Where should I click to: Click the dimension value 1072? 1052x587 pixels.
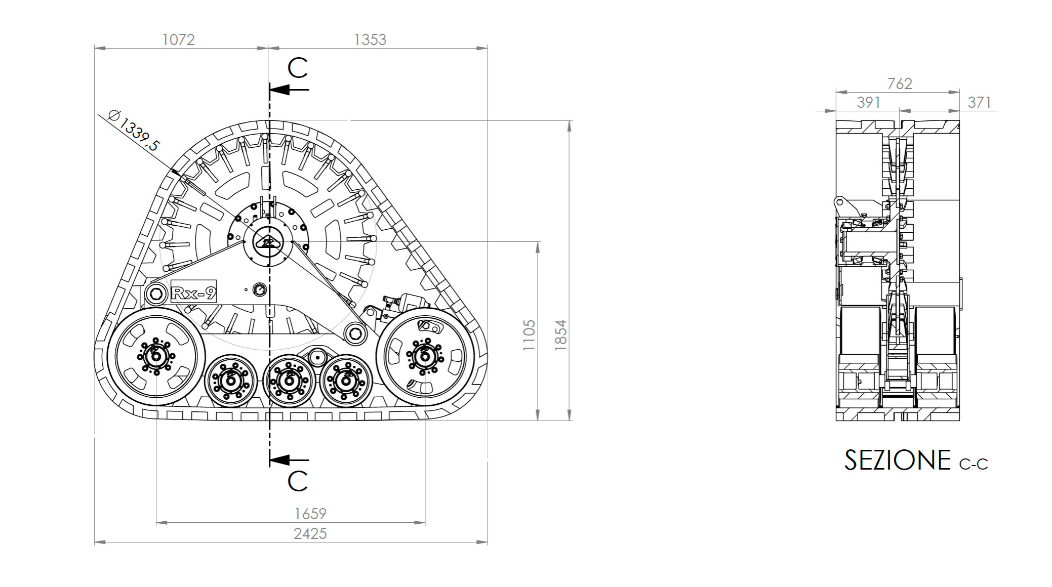pos(178,39)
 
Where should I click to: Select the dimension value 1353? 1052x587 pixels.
pos(370,39)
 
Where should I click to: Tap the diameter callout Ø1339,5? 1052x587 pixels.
pos(134,131)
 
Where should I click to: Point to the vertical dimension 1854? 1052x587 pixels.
pos(560,335)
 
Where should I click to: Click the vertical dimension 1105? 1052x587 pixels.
pos(528,335)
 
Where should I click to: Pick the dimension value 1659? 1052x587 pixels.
pos(310,514)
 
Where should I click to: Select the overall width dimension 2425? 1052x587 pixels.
pos(310,533)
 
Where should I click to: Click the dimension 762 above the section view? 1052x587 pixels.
pos(900,83)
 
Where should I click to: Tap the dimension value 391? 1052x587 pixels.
pos(868,102)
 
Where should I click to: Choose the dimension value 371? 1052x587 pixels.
pos(979,102)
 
